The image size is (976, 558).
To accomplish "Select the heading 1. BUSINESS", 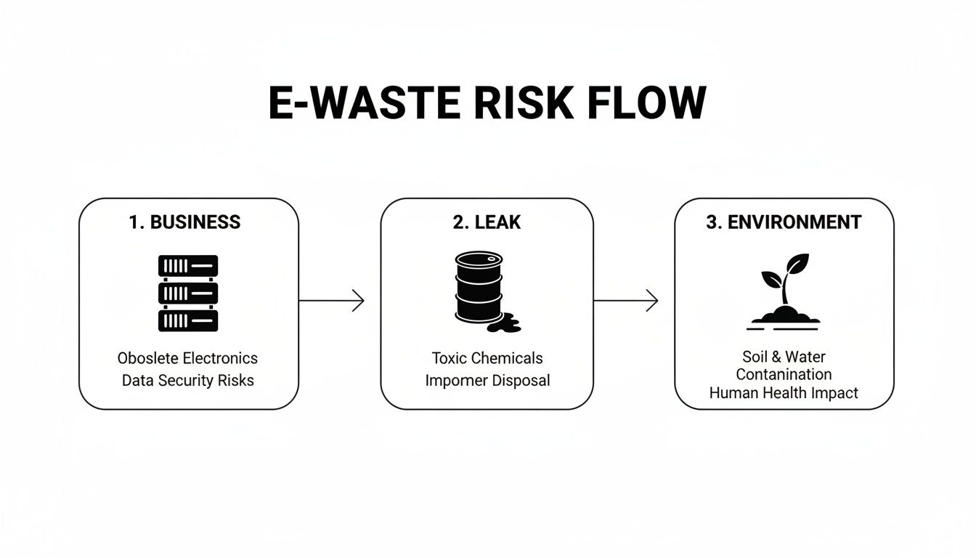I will pos(184,222).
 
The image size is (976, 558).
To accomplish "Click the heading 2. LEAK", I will pos(487,222).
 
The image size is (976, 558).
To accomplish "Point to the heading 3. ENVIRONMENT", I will pos(784,222).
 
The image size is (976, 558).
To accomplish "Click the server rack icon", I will pos(188,293).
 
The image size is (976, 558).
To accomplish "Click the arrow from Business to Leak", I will pos(331,300).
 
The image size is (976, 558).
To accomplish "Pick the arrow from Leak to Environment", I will pos(626,300).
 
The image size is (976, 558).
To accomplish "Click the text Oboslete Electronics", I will pos(187,358).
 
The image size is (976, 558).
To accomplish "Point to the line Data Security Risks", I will pos(188,380).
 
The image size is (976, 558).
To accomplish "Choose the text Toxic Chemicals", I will pos(487,358).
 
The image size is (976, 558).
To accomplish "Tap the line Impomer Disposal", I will pos(487,380).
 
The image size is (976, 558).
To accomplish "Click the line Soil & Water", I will pos(784,357).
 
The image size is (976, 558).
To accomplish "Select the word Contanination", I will pos(784,375).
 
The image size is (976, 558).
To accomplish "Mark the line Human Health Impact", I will pos(784,393).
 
